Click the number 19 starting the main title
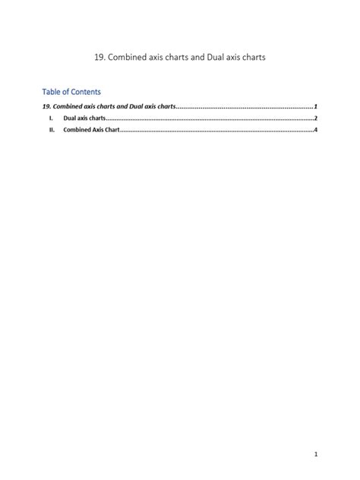(x=100, y=57)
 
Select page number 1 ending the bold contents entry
(x=315, y=107)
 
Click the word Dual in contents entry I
(x=70, y=119)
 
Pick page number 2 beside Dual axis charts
(x=315, y=119)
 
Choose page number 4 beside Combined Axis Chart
(x=315, y=131)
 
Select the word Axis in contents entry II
(x=96, y=131)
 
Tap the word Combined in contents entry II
(x=76, y=131)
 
